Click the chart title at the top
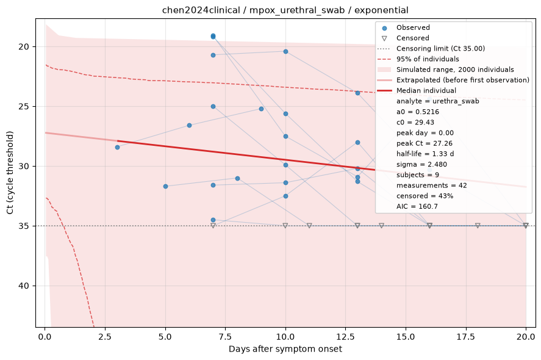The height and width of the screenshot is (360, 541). pos(285,10)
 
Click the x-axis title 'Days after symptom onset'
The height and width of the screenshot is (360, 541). pos(285,349)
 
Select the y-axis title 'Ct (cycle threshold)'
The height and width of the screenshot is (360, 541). pos(10,173)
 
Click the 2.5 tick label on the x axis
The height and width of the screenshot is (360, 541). pos(105,337)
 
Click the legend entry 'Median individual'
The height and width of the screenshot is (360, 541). pos(426,90)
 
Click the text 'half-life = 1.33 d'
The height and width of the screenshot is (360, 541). pos(425,154)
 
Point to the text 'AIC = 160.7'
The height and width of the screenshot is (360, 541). pos(417,206)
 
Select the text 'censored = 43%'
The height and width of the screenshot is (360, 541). pos(425,196)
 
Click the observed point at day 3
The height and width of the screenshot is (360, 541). pos(117,148)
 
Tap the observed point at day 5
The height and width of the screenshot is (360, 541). pos(165,186)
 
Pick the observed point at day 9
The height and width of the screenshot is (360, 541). pos(261,109)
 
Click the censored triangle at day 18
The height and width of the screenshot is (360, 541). pos(478,225)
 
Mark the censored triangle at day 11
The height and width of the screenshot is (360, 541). pos(309,225)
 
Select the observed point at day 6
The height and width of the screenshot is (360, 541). pos(190,125)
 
